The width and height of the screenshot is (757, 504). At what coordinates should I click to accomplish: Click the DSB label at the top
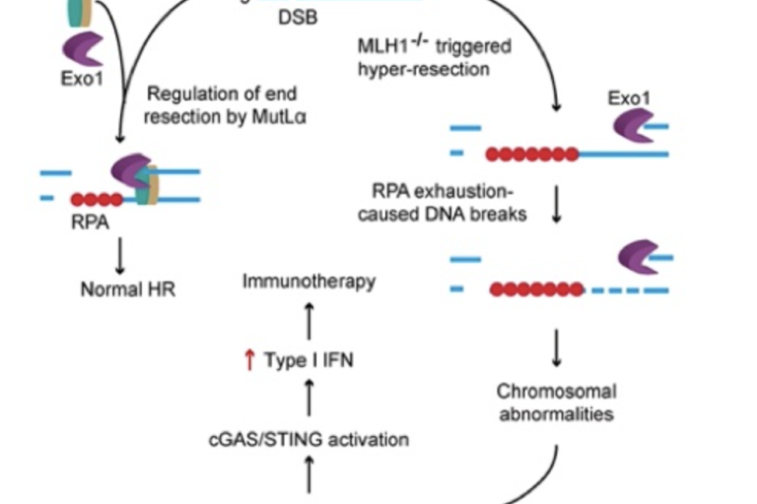298,18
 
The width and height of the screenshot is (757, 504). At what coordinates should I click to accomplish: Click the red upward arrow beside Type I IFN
248,360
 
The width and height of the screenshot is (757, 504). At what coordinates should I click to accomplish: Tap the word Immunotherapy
310,282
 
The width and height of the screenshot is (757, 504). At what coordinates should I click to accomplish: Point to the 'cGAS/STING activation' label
309,439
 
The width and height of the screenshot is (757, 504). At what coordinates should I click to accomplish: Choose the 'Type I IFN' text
309,360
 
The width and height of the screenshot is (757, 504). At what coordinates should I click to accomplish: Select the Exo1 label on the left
81,77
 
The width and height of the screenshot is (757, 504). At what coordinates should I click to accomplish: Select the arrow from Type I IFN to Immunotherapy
310,321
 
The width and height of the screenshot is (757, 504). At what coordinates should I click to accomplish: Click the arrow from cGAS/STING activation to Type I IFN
310,399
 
